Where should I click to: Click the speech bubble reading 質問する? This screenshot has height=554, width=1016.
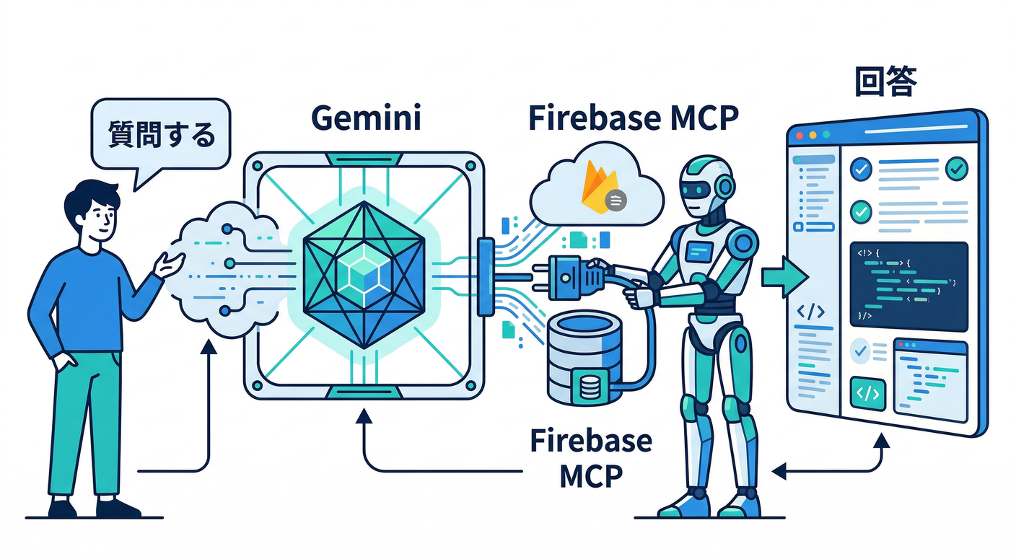[160, 135]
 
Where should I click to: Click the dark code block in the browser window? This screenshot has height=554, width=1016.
[908, 286]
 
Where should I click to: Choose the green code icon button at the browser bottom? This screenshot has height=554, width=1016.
[868, 394]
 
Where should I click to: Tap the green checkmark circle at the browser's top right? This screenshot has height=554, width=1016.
[957, 168]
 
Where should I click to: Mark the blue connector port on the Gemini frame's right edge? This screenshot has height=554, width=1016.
[486, 277]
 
